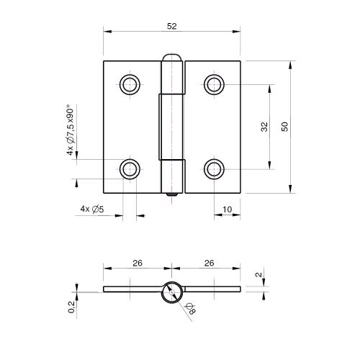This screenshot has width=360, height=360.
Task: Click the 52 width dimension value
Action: tap(171, 27)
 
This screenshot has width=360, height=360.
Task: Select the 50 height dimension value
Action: tap(285, 127)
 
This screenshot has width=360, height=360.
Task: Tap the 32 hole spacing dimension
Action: tap(264, 127)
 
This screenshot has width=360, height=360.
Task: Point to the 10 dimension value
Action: tap(227, 210)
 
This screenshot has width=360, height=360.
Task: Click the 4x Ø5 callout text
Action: tap(93, 210)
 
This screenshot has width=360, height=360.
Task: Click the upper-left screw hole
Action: tap(130, 84)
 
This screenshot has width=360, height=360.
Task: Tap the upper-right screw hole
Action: tap(214, 84)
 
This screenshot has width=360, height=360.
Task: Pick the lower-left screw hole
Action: tap(130, 169)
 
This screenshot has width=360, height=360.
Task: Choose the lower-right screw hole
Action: tap(214, 169)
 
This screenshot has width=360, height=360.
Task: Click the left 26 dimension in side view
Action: tap(137, 263)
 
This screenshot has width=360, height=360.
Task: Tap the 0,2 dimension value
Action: tap(71, 307)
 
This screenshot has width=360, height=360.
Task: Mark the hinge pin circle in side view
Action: tap(172, 290)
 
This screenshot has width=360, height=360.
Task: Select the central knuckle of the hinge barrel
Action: tap(172, 126)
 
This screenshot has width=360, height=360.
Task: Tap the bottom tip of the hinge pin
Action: tap(172, 194)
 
